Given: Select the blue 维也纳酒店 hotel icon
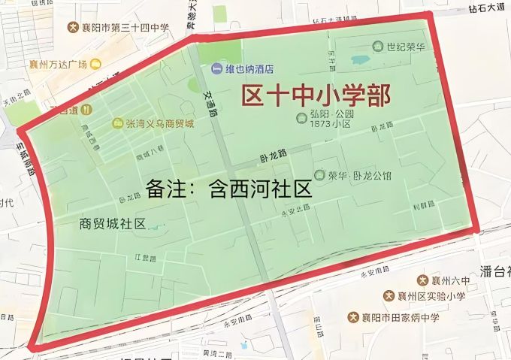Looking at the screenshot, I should [x=217, y=69].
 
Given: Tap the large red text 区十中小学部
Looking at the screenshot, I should [x=316, y=97].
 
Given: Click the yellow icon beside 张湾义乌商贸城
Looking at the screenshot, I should [x=118, y=123].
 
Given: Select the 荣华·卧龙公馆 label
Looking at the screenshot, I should [x=356, y=174].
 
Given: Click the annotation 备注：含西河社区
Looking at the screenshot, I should [x=229, y=188].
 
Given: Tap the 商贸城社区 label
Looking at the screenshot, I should [x=112, y=223].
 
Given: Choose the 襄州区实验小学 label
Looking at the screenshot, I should [x=429, y=296].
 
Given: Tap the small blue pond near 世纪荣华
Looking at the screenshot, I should [x=360, y=59].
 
